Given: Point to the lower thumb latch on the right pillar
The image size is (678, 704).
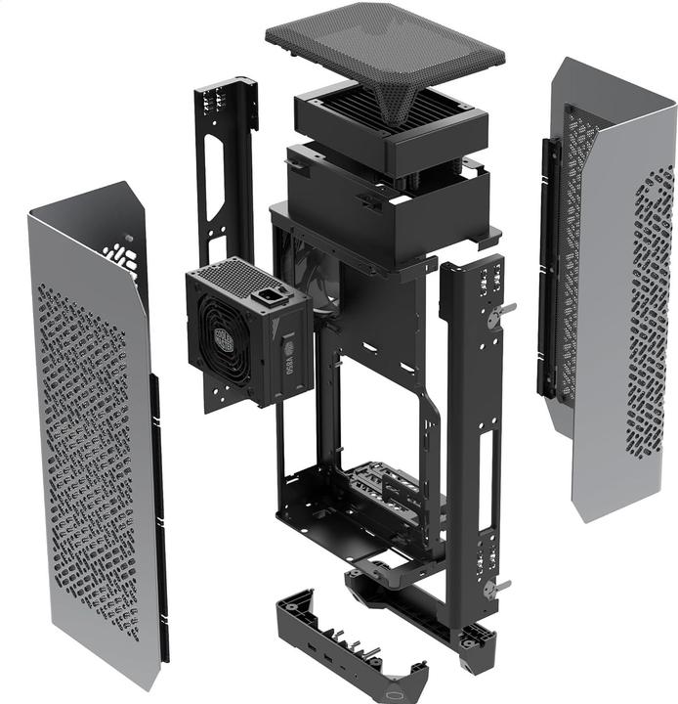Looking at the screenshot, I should [x=499, y=586].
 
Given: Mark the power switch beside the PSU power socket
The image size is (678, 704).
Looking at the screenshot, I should [x=283, y=290].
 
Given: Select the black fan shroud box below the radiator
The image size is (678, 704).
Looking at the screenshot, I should [x=386, y=200].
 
